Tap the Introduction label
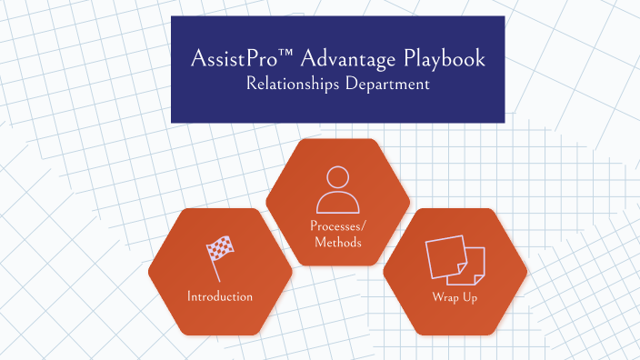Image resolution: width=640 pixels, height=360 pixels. click(x=220, y=297)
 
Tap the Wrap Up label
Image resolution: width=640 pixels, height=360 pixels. click(x=455, y=297)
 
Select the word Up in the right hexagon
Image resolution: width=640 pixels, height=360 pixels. click(x=469, y=297)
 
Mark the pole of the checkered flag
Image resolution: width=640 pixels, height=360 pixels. click(x=214, y=268)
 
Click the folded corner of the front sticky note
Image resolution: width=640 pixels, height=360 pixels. click(x=461, y=272)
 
